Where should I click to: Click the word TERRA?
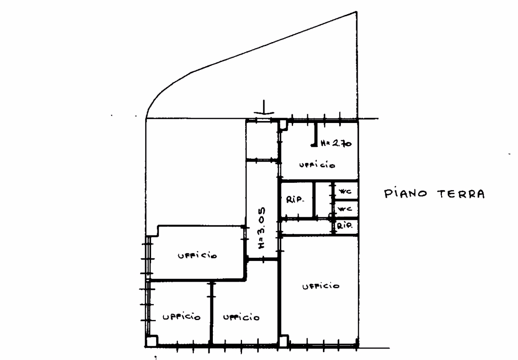click(x=461, y=194)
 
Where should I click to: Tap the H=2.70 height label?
click(x=336, y=143)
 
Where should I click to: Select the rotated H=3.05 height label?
click(x=261, y=228)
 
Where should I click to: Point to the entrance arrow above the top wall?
click(x=264, y=108)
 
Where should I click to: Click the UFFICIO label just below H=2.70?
click(x=317, y=165)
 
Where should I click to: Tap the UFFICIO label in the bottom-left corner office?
click(x=182, y=317)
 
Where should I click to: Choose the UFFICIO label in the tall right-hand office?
click(x=321, y=286)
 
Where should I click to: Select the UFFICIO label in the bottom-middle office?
click(x=241, y=317)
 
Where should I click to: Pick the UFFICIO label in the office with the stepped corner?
click(x=197, y=256)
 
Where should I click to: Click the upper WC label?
click(x=345, y=191)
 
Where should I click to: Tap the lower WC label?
click(x=345, y=209)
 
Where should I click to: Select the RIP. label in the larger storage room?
click(x=295, y=200)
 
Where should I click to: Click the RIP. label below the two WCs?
click(x=344, y=226)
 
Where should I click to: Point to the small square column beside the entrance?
click(x=283, y=125)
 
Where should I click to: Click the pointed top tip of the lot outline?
click(x=357, y=12)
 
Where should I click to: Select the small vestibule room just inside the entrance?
click(x=262, y=140)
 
